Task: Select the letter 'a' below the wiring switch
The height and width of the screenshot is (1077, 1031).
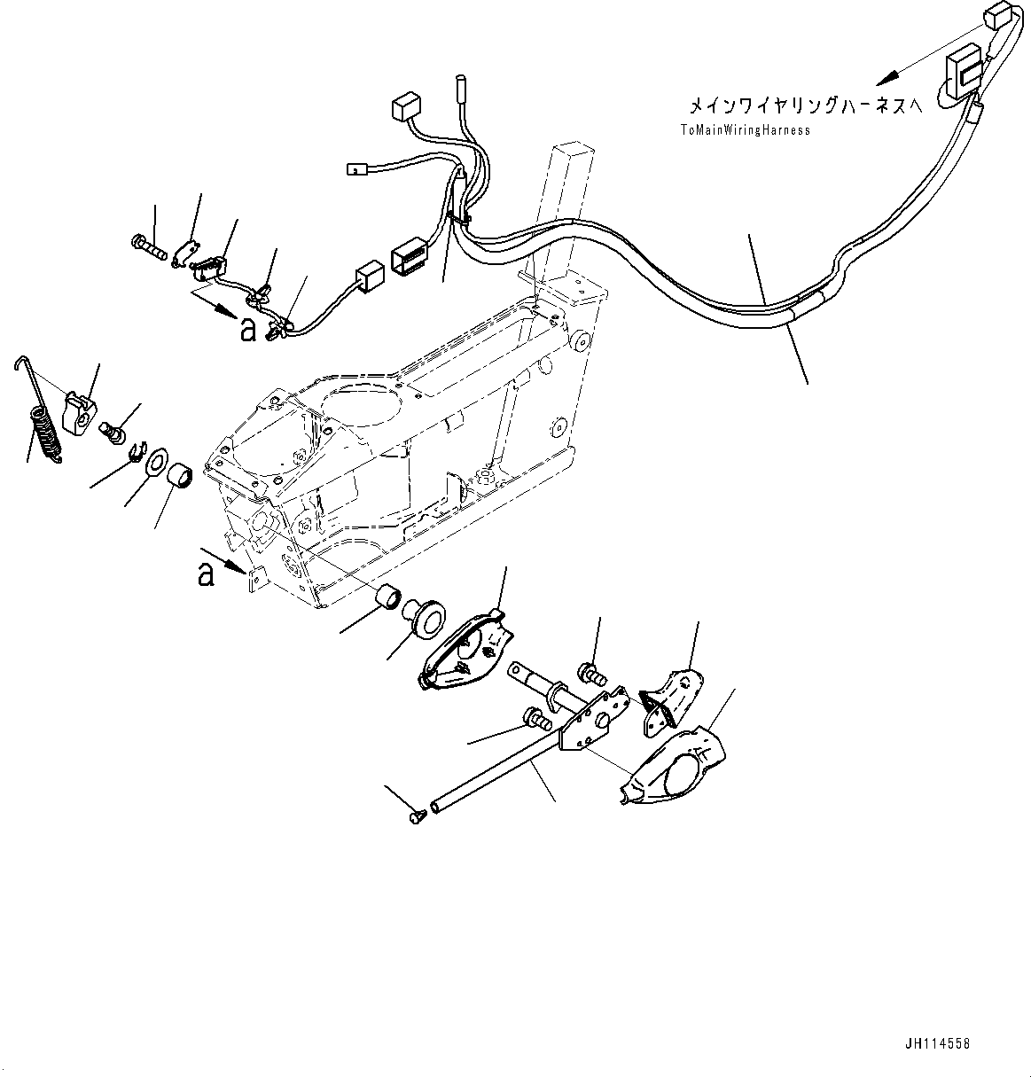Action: coord(248,330)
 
